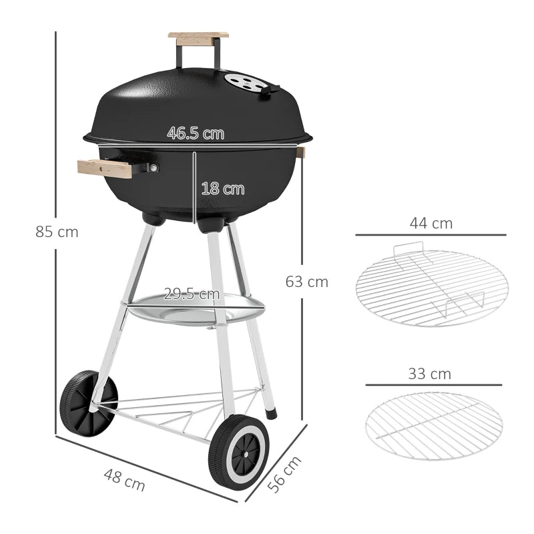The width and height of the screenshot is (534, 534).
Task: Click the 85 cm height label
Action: click(57, 232)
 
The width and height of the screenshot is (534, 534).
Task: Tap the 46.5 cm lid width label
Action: click(195, 133)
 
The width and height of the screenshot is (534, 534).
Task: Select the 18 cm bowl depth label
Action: click(222, 189)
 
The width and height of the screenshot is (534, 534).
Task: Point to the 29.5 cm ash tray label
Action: click(192, 294)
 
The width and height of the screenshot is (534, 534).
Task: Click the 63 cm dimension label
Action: click(306, 282)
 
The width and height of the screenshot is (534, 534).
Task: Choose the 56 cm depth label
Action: click(284, 474)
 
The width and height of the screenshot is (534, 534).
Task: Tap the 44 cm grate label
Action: click(431, 224)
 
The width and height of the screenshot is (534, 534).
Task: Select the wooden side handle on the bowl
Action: click(105, 168)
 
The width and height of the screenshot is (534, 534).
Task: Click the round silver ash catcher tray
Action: click(196, 309)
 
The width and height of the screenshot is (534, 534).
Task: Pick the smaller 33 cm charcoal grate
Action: click(434, 425)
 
